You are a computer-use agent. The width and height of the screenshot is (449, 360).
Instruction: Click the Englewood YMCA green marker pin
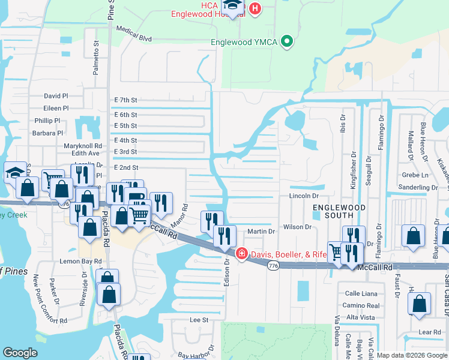pos(287,42)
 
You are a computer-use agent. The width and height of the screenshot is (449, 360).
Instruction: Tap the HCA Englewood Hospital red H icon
pos(255,8)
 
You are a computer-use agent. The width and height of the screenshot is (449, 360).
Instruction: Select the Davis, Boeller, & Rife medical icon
pos(241,254)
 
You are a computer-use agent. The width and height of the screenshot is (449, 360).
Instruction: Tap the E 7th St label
pos(125,100)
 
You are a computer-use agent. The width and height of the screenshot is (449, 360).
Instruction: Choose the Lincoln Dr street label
pos(303,196)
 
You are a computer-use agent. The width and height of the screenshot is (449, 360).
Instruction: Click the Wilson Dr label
pos(297,227)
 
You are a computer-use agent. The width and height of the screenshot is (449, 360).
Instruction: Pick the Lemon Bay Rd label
pos(74,262)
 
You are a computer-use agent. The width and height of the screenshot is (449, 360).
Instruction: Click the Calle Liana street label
pos(361,293)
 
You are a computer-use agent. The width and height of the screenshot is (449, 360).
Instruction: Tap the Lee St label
pos(199,320)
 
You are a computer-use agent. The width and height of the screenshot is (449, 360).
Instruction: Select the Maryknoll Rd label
pos(83,146)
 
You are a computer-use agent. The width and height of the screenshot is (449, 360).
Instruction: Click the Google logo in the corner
pos(20,353)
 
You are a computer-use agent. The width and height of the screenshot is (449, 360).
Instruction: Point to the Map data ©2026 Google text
pos(412,355)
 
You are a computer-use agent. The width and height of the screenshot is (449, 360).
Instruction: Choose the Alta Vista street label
pos(361,317)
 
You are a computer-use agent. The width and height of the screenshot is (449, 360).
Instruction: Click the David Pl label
pos(56,96)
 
